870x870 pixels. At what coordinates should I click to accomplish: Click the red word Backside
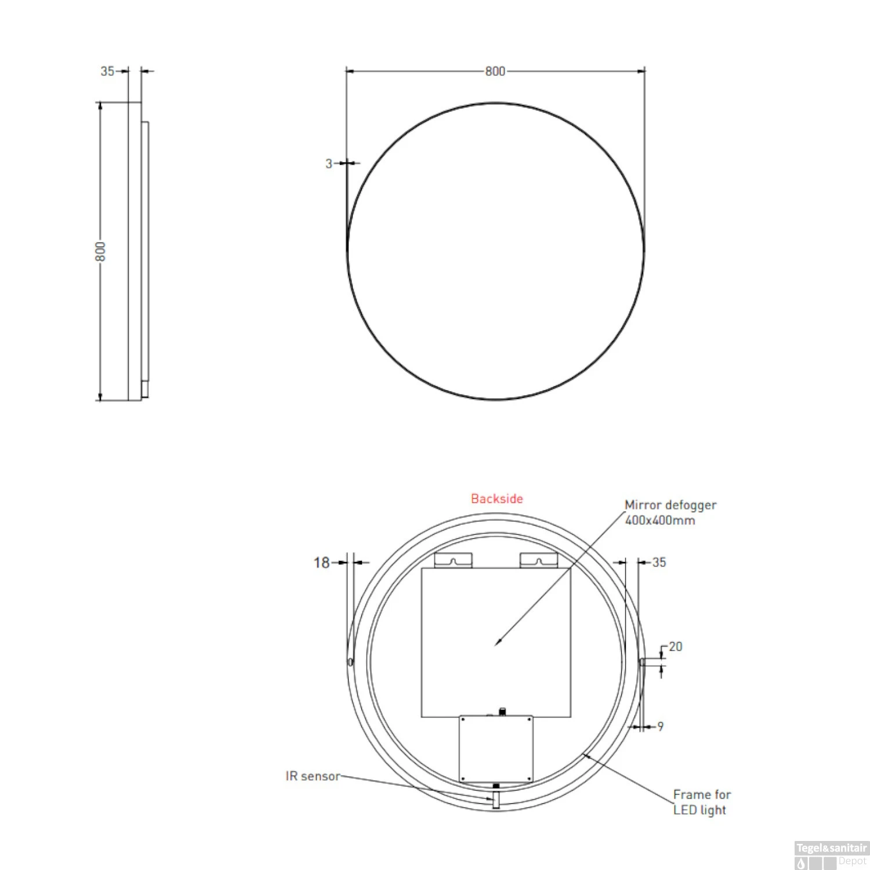(x=496, y=499)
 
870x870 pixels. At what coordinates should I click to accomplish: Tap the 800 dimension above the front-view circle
(x=495, y=71)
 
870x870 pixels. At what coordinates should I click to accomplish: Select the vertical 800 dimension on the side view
(x=101, y=252)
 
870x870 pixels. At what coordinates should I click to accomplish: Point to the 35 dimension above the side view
(x=107, y=71)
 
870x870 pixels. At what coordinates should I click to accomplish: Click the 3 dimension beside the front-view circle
(x=329, y=164)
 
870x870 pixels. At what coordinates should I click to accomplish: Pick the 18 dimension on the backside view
(x=321, y=563)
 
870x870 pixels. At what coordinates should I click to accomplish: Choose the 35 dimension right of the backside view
(x=659, y=563)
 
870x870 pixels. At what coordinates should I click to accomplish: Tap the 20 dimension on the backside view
(x=675, y=647)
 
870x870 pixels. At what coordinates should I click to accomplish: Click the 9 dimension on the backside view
(x=660, y=727)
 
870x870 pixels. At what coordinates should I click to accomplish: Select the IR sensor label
(x=313, y=776)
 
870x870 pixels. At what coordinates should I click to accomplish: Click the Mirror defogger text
(x=670, y=505)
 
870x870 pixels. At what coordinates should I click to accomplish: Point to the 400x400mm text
(x=660, y=520)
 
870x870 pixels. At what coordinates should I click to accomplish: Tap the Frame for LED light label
(x=701, y=802)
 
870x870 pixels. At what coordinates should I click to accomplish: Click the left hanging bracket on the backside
(x=454, y=560)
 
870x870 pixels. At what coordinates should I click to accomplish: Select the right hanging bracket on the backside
(x=538, y=560)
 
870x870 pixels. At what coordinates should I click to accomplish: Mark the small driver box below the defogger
(x=496, y=749)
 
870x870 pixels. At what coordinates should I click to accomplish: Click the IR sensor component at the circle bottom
(x=496, y=799)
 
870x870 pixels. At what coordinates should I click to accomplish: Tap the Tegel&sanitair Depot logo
(x=831, y=855)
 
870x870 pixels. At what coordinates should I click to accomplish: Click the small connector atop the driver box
(x=502, y=711)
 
